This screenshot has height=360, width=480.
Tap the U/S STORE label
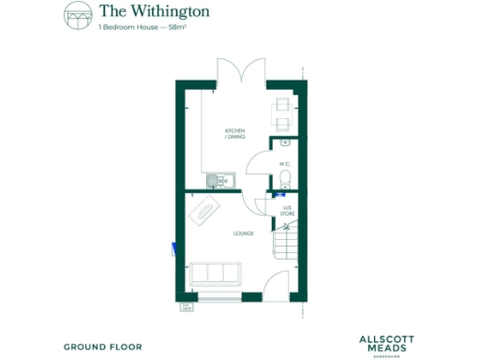coord(288,211)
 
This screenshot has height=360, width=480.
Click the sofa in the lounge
coord(215,275)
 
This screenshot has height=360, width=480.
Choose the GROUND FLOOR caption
coord(103,347)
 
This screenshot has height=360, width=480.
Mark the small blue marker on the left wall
coord(172,248)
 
